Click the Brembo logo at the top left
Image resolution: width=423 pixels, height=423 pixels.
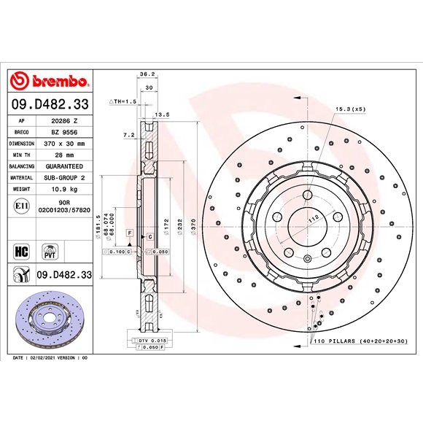coord(50,80)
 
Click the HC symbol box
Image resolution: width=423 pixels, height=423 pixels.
coord(22,252)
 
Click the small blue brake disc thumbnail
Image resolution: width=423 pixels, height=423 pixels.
coord(50,319)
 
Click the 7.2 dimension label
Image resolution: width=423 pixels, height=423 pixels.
coord(129,135)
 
